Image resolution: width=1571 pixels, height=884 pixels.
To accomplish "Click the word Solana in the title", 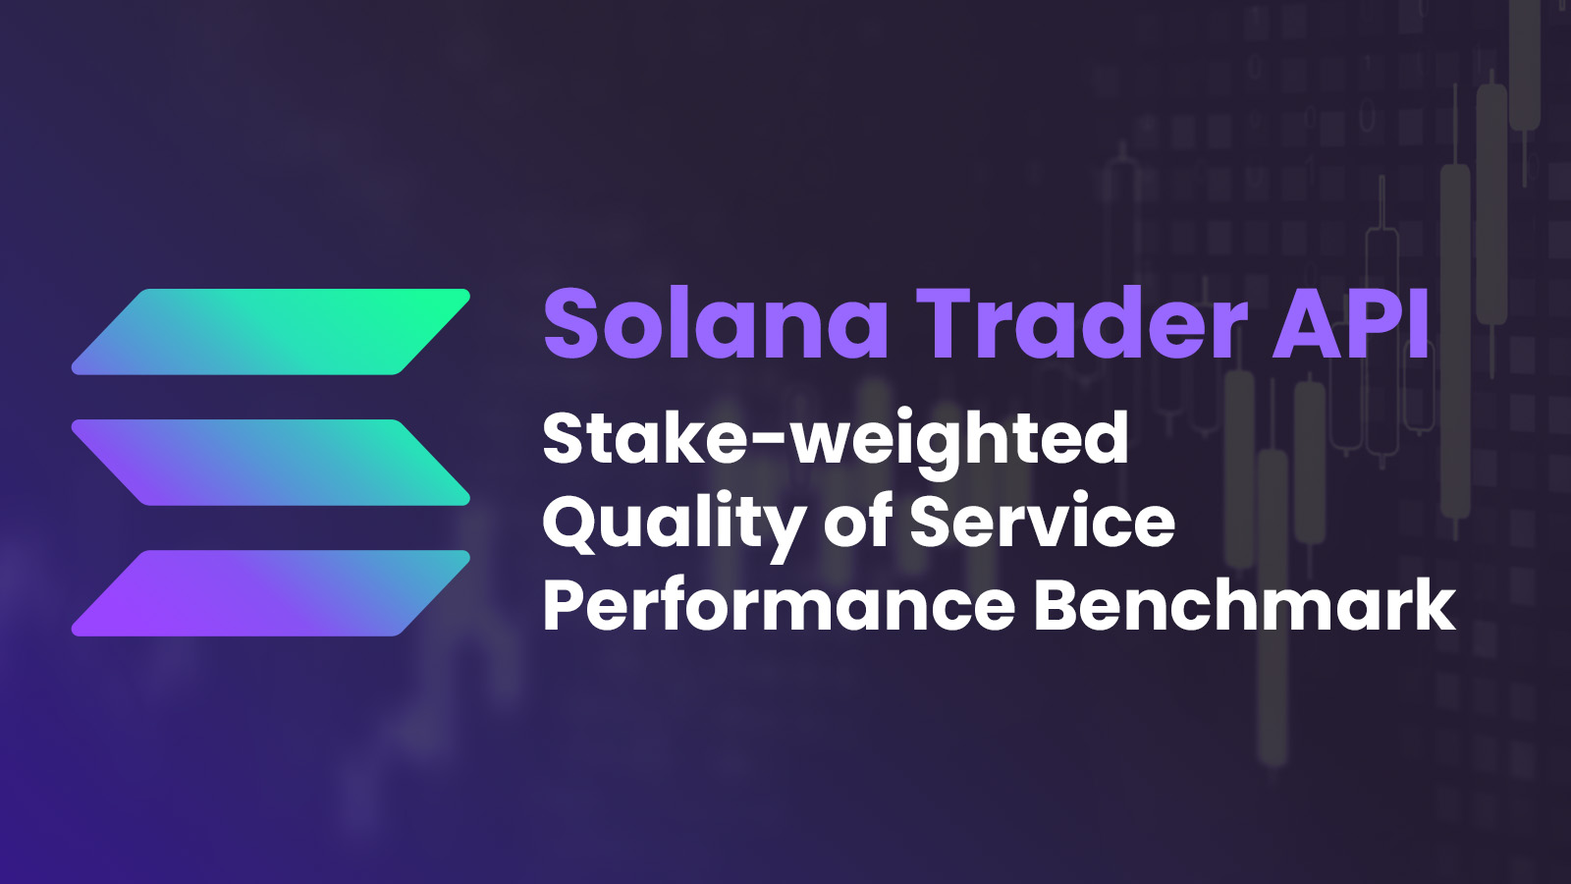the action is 717,324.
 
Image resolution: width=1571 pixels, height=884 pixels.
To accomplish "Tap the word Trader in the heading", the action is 1089,324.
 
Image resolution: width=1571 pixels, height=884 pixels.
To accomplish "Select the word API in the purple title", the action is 1351,324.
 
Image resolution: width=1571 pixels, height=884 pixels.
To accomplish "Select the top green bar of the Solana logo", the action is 271,331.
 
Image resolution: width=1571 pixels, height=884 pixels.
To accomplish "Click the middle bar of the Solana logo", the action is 271,463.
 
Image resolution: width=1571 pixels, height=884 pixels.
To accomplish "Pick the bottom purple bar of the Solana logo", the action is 271,593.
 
